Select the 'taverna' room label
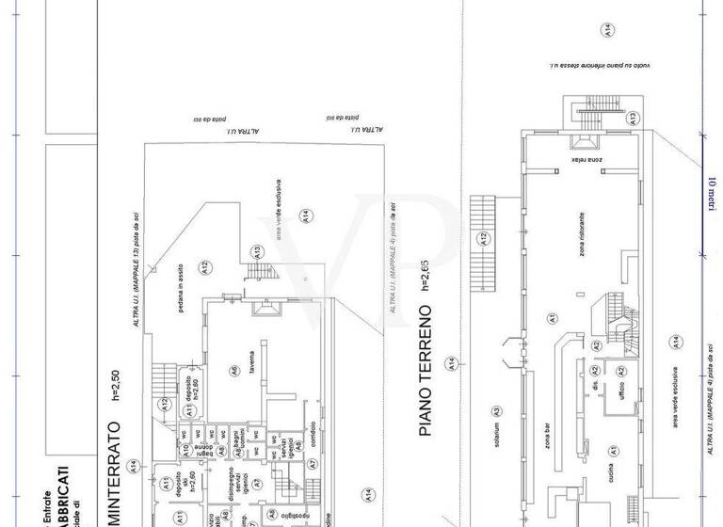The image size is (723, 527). pos(252,363)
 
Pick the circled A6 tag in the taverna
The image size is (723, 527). pos(233,370)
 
